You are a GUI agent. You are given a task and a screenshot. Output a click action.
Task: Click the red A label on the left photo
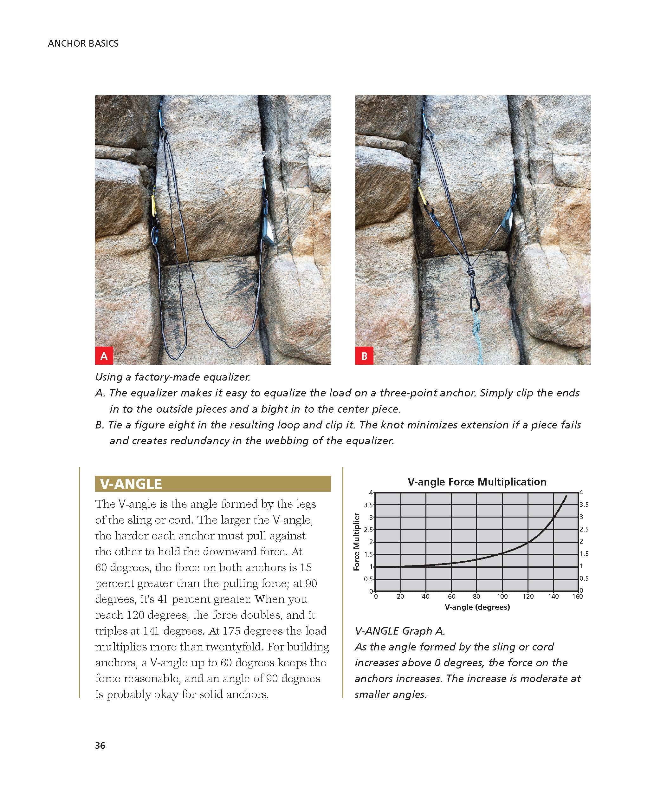coord(104,356)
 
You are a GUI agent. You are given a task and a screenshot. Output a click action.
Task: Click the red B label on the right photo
coord(364,356)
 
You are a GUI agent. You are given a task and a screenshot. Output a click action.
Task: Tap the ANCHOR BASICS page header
coord(83,43)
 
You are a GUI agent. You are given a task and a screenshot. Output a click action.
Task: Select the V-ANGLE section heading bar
coord(212,483)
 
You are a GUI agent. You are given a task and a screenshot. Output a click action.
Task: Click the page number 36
coord(100,745)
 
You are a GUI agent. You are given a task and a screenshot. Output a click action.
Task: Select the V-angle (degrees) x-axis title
coord(477,607)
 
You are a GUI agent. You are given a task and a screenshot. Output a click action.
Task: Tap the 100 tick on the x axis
coord(502,597)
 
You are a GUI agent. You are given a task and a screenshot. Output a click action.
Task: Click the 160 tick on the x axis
coord(578,597)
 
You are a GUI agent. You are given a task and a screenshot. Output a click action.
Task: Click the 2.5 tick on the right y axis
coord(584,529)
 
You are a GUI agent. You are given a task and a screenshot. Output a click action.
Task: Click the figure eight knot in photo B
coord(471,273)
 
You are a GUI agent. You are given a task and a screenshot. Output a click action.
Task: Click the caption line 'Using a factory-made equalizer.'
coord(172,377)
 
